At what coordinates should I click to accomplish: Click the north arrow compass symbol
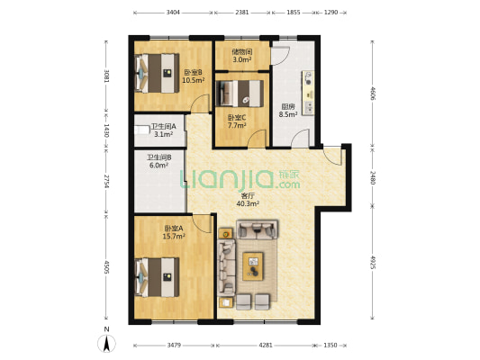[x=106, y=343]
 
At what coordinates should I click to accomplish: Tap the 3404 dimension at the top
[x=173, y=13]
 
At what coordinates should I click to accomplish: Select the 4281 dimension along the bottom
[x=266, y=345]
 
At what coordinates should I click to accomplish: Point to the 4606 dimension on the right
[x=373, y=93]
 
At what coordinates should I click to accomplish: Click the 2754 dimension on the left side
[x=106, y=182]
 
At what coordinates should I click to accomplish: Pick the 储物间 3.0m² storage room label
[x=242, y=56]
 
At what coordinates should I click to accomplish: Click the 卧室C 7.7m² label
[x=237, y=121]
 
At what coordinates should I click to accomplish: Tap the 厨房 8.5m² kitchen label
[x=288, y=111]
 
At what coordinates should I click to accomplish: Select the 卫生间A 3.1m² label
[x=163, y=130]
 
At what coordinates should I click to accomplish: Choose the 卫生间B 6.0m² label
[x=158, y=161]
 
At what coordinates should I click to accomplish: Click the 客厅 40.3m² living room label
[x=248, y=200]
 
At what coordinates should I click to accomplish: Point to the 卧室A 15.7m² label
[x=174, y=232]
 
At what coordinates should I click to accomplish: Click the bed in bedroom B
[x=157, y=73]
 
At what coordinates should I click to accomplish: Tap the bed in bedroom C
[x=240, y=94]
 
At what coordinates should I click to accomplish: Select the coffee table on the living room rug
[x=253, y=266]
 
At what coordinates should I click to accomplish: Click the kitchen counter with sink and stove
[x=308, y=93]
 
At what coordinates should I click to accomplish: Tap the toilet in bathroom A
[x=141, y=130]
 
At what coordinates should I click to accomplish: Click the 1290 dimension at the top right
[x=331, y=13]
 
